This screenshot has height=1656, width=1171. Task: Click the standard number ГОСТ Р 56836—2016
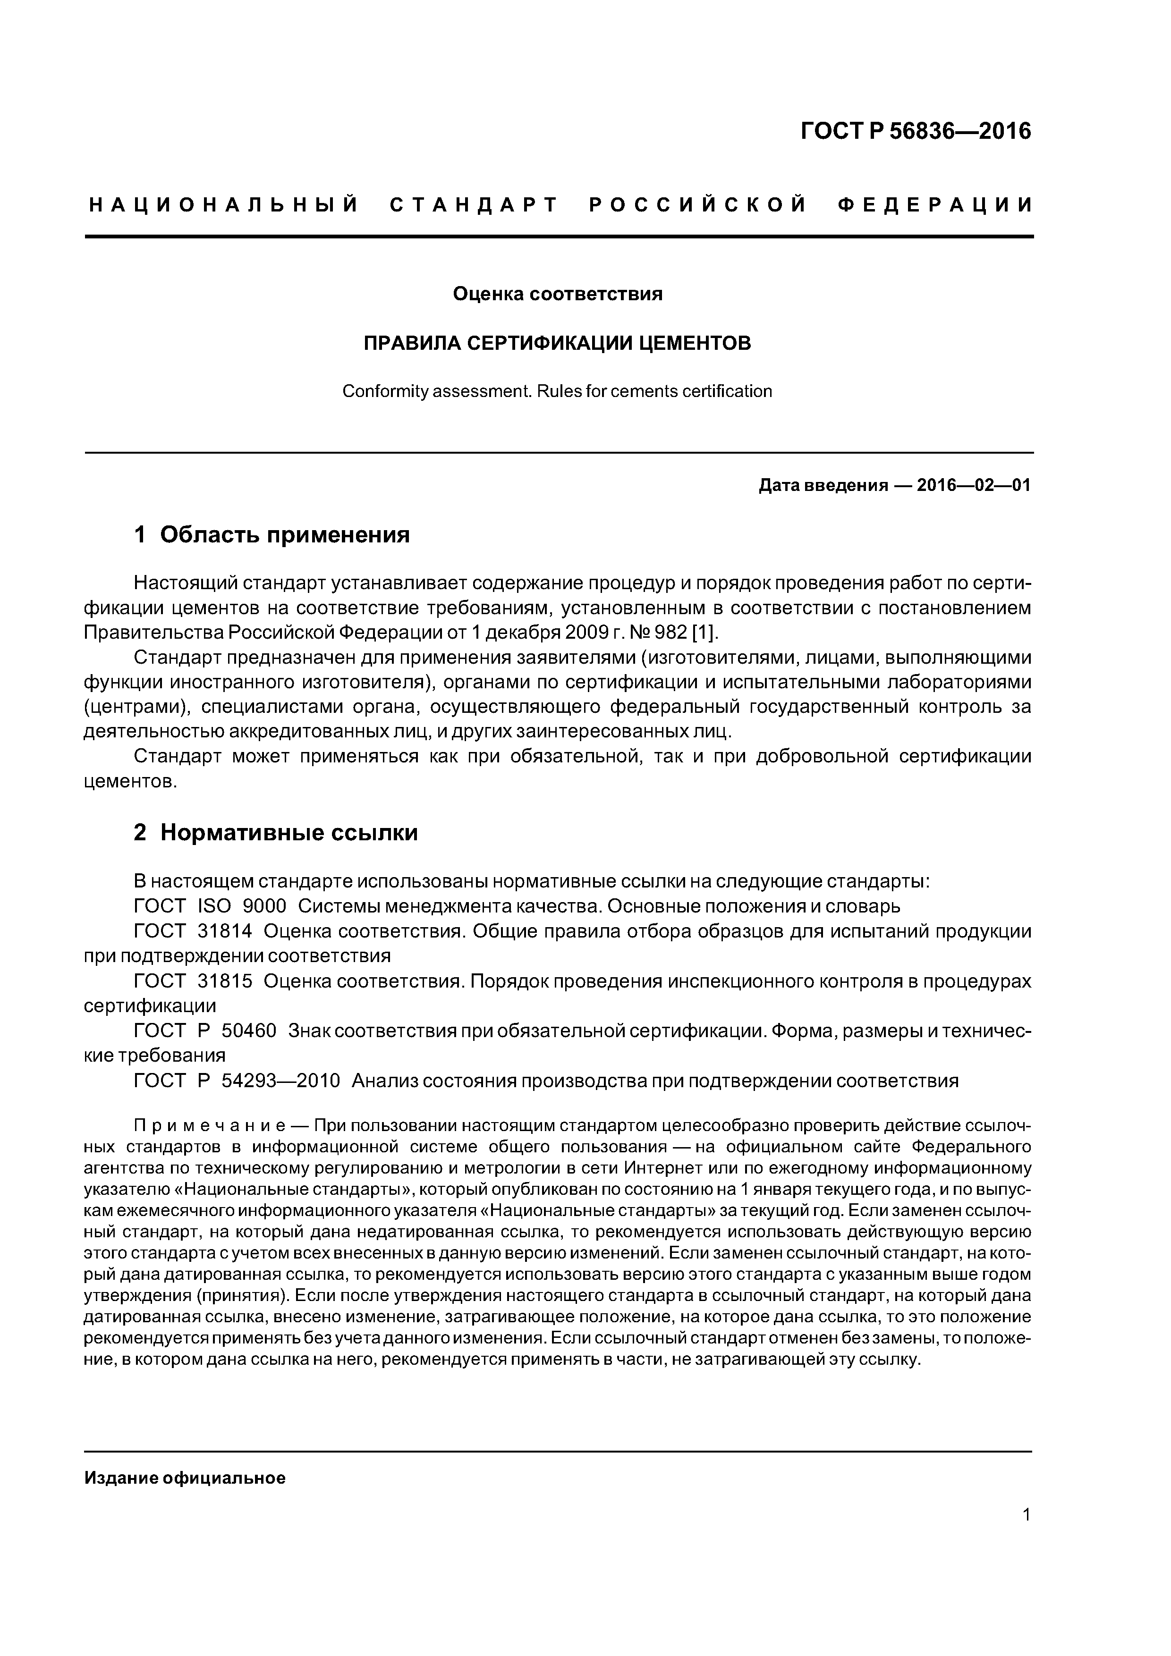(x=916, y=131)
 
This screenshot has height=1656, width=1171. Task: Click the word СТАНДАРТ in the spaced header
(x=474, y=205)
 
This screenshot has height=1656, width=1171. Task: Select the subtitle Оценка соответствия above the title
(x=557, y=294)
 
